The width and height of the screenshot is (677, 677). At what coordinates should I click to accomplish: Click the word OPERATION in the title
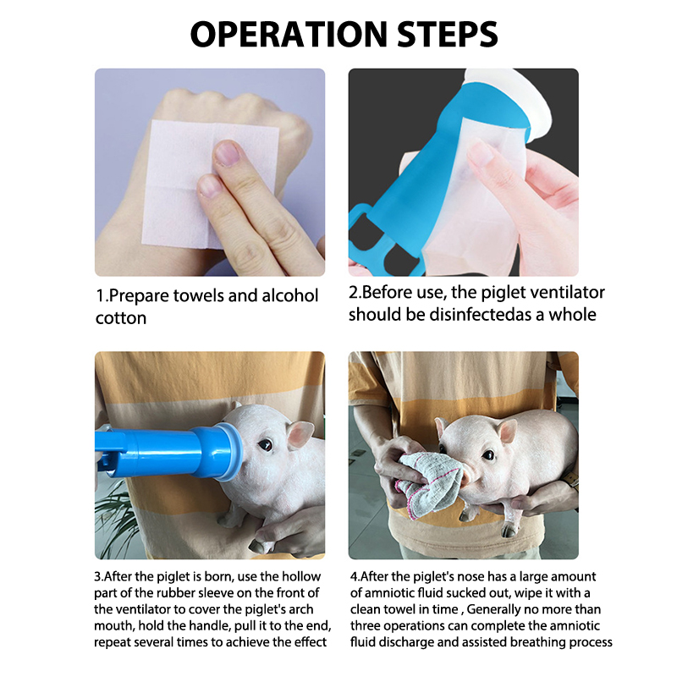(x=289, y=34)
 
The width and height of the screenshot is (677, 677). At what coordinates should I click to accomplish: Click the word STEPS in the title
(x=448, y=34)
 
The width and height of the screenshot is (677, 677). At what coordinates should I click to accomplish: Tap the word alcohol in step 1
(x=290, y=295)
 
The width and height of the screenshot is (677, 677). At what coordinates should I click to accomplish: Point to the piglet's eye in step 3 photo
(x=265, y=445)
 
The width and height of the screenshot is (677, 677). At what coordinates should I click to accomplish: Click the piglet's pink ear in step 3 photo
(x=300, y=434)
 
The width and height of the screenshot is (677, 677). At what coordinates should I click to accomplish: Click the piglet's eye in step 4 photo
(x=488, y=454)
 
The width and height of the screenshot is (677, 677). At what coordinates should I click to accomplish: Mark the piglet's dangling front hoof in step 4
(x=509, y=530)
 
